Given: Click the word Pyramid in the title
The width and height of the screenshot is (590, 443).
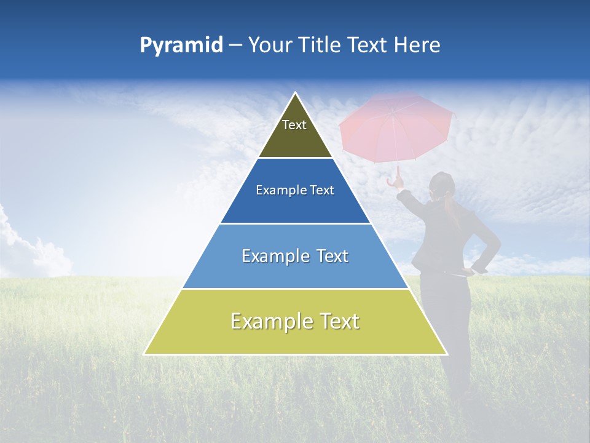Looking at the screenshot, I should (181, 46).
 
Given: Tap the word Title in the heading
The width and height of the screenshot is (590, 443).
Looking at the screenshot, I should (323, 46).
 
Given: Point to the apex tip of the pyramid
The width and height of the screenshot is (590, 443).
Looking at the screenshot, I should (296, 94).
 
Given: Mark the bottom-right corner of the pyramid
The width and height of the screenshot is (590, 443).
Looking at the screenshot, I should (446, 354).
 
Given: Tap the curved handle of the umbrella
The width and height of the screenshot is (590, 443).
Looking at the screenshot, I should (393, 182).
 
